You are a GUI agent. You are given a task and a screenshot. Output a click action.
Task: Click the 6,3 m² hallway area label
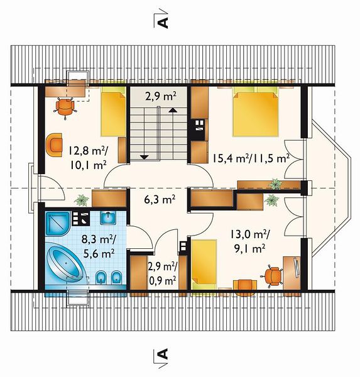160,200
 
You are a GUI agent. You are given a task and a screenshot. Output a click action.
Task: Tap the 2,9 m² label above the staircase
161,97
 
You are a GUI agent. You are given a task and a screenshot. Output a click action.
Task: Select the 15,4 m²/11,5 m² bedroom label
251,158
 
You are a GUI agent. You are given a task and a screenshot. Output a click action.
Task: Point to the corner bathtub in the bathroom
65,262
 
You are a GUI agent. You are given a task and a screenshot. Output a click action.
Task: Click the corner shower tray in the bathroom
58,223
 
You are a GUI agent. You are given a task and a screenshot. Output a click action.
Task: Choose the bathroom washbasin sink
108,218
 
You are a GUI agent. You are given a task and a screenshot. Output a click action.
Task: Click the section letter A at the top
163,23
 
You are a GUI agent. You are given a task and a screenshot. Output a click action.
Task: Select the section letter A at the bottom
163,354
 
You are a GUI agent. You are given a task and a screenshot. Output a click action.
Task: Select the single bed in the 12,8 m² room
113,111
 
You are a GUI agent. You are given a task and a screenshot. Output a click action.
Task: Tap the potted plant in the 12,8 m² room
82,200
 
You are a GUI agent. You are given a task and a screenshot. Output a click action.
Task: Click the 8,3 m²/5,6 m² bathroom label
99,246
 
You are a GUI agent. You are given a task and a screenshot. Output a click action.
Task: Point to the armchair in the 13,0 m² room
245,288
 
